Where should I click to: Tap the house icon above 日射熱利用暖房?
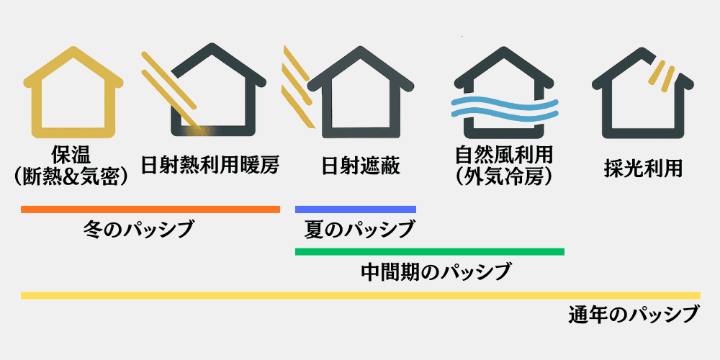pyautogui.click(x=217, y=90)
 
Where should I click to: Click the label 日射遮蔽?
pyautogui.click(x=360, y=167)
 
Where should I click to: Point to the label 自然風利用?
pyautogui.click(x=504, y=156)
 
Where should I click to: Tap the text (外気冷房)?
pyautogui.click(x=504, y=177)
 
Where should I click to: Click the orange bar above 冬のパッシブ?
pyautogui.click(x=150, y=210)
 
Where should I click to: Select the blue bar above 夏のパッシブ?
pyautogui.click(x=356, y=210)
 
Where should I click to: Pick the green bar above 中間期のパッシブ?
pyautogui.click(x=429, y=251)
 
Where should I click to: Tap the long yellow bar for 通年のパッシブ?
pyautogui.click(x=360, y=295)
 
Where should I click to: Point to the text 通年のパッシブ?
pyautogui.click(x=633, y=315)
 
